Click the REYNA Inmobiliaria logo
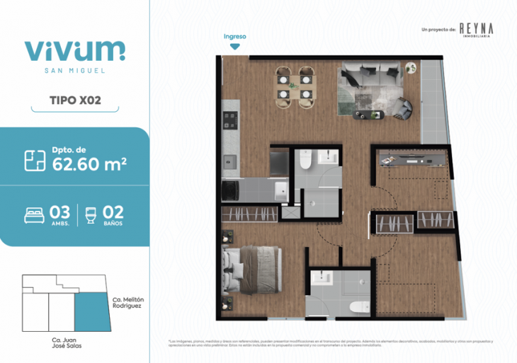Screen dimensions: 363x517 point(475,29)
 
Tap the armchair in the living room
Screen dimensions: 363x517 point(402,108)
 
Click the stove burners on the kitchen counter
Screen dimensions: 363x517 point(229,119)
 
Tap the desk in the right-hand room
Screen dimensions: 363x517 point(411,158)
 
